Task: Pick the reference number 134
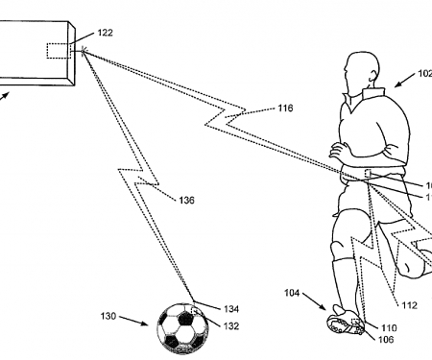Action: [x=231, y=308]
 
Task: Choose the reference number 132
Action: [x=231, y=326]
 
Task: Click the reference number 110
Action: [x=386, y=327]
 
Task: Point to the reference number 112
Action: [x=409, y=306]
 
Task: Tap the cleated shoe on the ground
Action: [x=345, y=323]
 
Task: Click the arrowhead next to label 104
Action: [x=325, y=307]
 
